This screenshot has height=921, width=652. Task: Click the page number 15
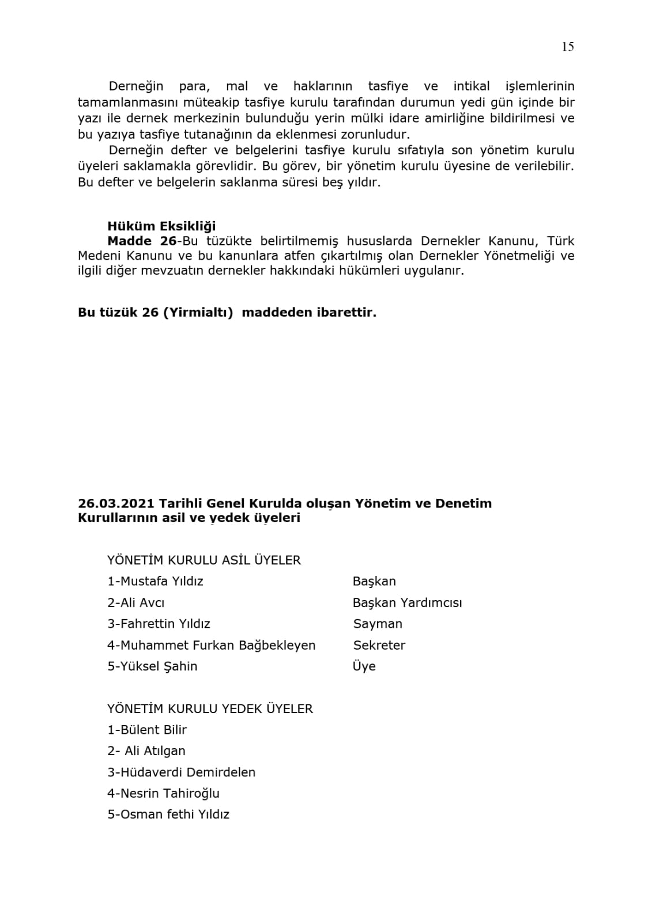coord(567,47)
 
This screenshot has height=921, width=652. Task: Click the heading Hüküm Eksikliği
coord(161,226)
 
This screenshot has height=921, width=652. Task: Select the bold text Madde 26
coord(142,241)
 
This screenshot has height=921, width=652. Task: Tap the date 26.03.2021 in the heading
coord(116,503)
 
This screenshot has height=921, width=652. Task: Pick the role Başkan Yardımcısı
coord(407,603)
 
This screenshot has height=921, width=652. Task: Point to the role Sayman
coord(378,624)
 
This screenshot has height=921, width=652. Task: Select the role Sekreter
coord(379,645)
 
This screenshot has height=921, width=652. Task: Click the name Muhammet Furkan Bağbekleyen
coord(217,645)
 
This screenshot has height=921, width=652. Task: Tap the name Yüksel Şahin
coord(159,666)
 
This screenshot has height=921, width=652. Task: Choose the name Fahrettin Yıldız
coord(165,624)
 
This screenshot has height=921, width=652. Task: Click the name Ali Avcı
coord(142,603)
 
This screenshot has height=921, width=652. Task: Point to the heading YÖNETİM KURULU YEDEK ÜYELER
coord(210,708)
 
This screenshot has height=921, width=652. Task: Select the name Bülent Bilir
coord(153,730)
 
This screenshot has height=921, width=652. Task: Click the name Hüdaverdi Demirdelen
coord(187,772)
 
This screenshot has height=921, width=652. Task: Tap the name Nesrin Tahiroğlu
coord(169,794)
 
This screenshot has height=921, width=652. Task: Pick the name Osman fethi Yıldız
coord(175,814)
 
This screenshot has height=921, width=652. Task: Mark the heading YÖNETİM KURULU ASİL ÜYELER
coord(204,560)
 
